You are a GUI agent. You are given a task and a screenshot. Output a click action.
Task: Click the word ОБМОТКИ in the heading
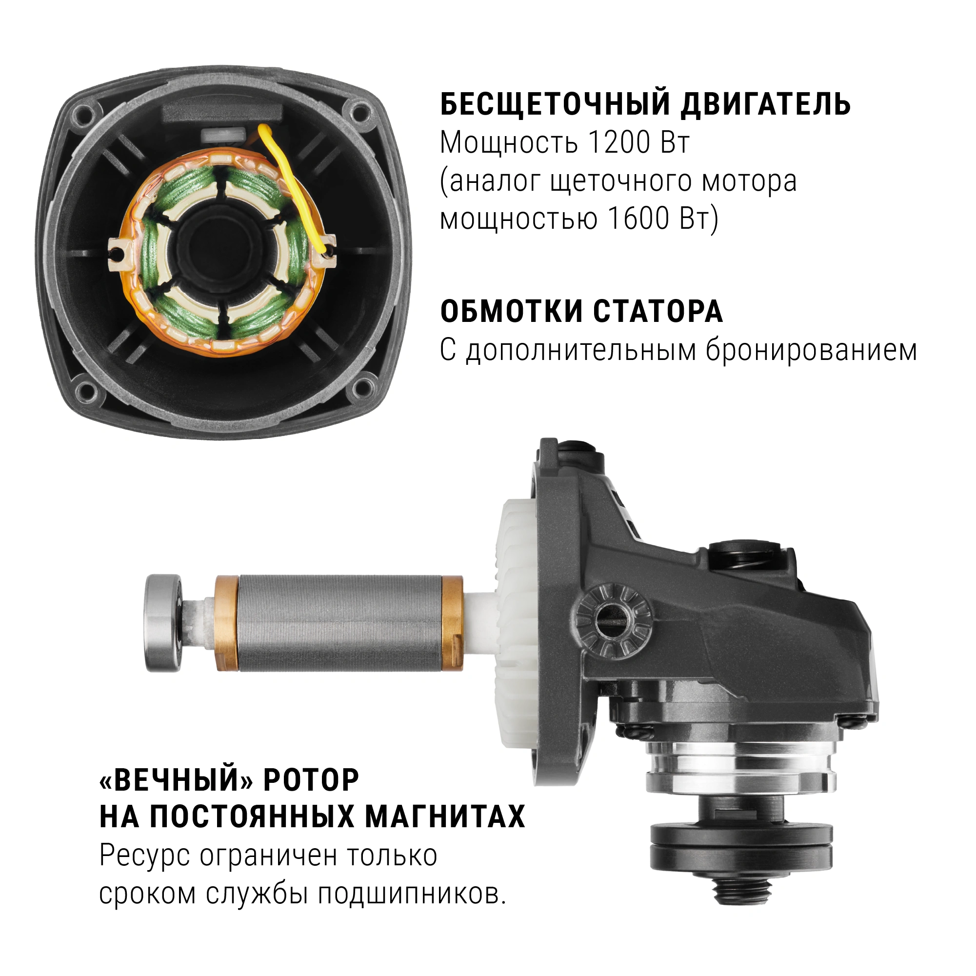(511, 311)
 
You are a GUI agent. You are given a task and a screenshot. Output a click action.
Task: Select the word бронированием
(811, 350)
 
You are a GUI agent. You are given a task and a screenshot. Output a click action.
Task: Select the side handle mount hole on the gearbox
(612, 618)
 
